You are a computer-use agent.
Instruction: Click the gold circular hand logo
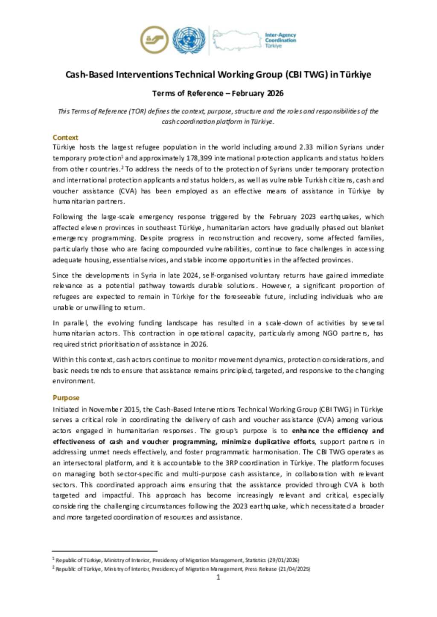[x=154, y=40]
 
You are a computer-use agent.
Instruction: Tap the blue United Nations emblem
[x=189, y=40]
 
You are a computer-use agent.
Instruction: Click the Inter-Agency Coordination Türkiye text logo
[x=280, y=40]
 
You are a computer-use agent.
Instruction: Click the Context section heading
[x=65, y=137]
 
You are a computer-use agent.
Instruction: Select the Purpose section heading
[x=66, y=397]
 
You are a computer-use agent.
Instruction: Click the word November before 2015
[x=107, y=409]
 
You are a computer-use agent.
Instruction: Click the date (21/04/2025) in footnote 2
[x=294, y=569]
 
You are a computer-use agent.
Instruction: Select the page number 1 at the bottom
[x=218, y=577]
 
